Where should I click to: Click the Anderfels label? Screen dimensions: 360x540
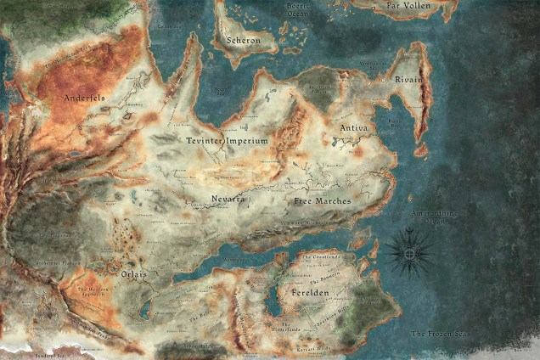click(x=85, y=98)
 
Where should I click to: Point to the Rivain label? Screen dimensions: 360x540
click(x=409, y=79)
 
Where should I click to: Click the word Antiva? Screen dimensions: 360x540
click(x=353, y=127)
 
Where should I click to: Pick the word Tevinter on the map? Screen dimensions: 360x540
click(x=205, y=139)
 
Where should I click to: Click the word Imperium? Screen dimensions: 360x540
click(x=248, y=140)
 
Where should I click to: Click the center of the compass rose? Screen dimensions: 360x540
click(x=409, y=250)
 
